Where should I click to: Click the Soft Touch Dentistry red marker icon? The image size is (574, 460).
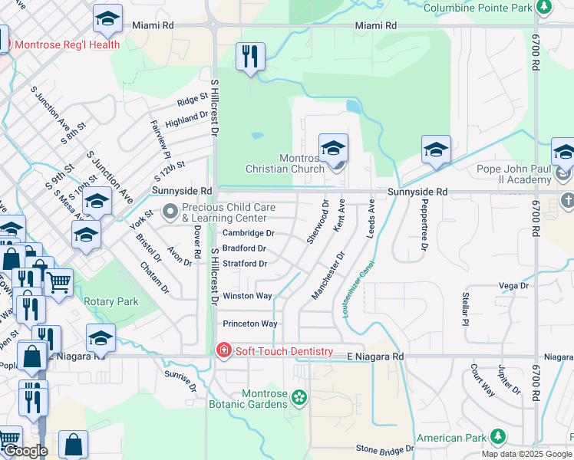pyautogui.click(x=223, y=350)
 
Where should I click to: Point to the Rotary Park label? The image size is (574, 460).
pyautogui.click(x=111, y=301)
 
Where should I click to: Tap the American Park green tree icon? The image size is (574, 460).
pyautogui.click(x=498, y=437)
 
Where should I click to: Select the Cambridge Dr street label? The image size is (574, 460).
pyautogui.click(x=248, y=233)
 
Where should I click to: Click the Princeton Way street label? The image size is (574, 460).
pyautogui.click(x=249, y=324)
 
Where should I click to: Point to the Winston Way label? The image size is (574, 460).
pyautogui.click(x=247, y=296)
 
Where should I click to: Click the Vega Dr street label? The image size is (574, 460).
pyautogui.click(x=514, y=286)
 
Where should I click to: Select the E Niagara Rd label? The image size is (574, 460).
pyautogui.click(x=375, y=356)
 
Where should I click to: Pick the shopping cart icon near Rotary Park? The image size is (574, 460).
pyautogui.click(x=58, y=281)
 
